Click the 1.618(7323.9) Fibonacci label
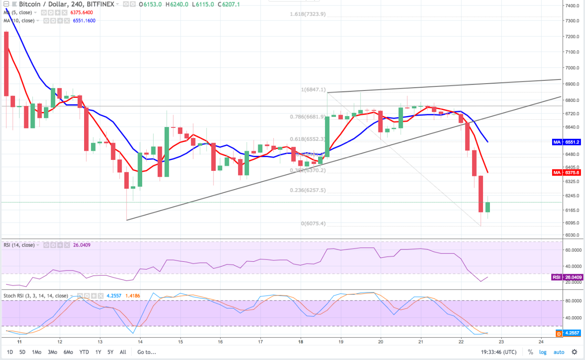pos(308,14)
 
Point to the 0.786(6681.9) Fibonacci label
pos(307,116)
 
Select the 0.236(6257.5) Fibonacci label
pos(307,191)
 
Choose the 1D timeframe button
pos(10,352)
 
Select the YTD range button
pos(84,352)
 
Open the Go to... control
pos(146,352)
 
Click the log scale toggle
pos(542,352)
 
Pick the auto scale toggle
pos(558,352)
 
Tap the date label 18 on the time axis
pos(300,341)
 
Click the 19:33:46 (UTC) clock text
pos(499,352)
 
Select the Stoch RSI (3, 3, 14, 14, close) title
pos(36,296)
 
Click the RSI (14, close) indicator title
pos(19,245)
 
